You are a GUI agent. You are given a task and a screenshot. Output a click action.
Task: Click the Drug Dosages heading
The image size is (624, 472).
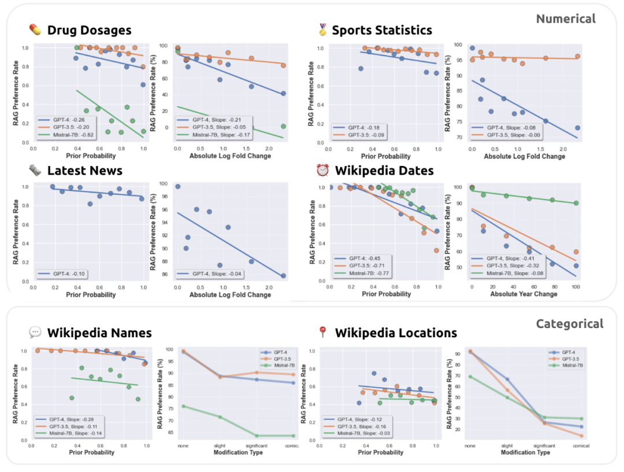click(x=89, y=30)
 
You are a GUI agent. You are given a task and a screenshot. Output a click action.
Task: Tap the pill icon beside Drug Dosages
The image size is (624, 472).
click(x=35, y=30)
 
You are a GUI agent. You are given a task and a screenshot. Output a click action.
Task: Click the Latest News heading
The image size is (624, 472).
click(x=84, y=170)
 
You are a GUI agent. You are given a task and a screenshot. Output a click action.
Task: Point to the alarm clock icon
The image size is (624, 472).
click(x=322, y=171)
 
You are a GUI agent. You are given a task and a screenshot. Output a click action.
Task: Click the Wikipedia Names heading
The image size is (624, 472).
click(x=99, y=333)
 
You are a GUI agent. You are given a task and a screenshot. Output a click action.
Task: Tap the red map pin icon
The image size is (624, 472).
click(x=322, y=333)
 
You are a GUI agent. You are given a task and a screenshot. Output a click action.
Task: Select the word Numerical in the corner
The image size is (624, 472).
click(x=565, y=19)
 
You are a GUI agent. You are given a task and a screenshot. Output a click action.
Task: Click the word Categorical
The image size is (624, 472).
click(x=569, y=324)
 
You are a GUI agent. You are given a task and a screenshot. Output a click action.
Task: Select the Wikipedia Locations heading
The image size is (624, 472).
click(x=396, y=333)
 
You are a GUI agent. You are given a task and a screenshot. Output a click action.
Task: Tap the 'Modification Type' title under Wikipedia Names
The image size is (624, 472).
click(x=238, y=452)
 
